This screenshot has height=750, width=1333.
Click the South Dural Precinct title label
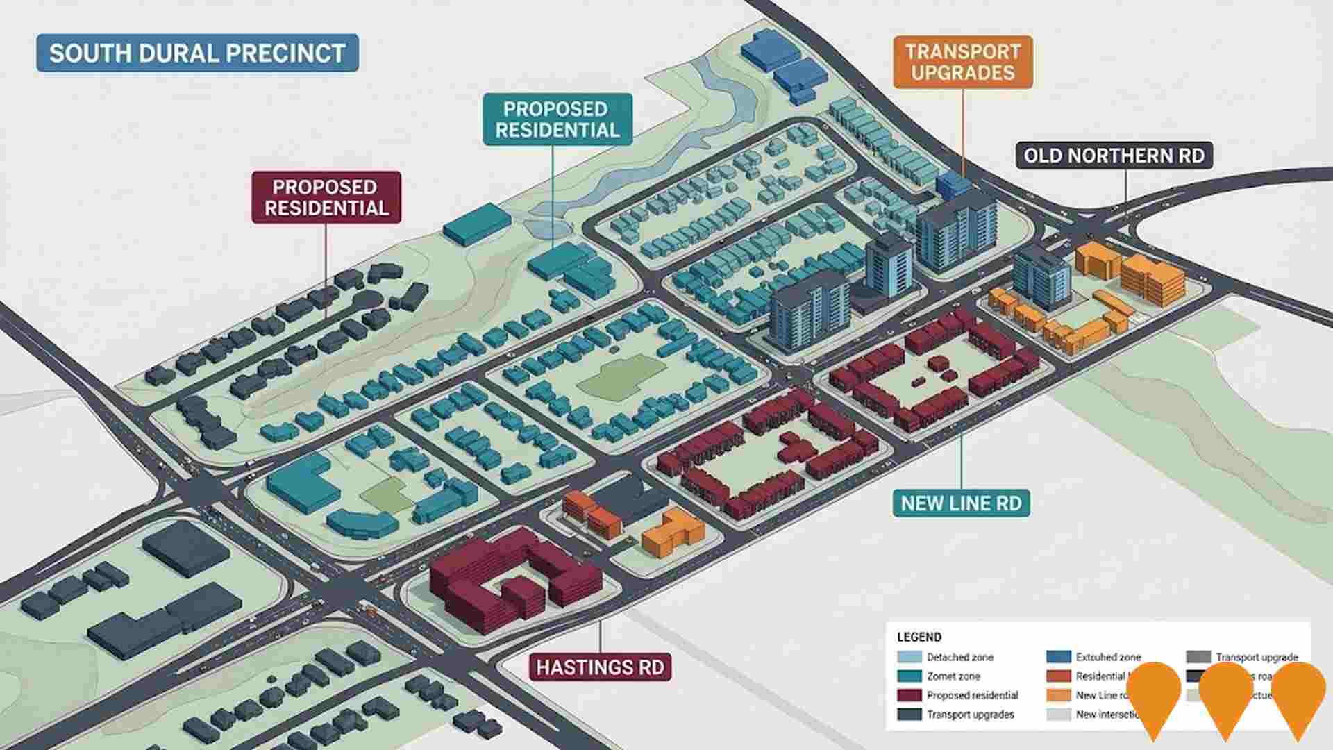pyautogui.click(x=197, y=53)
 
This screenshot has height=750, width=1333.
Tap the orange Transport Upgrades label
pyautogui.click(x=962, y=62)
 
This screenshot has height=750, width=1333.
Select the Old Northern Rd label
pyautogui.click(x=1114, y=156)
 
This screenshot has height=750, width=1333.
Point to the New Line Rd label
pyautogui.click(x=961, y=503)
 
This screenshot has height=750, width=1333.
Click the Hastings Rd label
pyautogui.click(x=600, y=667)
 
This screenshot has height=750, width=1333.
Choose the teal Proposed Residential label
pyautogui.click(x=557, y=119)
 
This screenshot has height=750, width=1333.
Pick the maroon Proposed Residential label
pyautogui.click(x=326, y=197)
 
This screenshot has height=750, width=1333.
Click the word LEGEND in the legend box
pyautogui.click(x=919, y=637)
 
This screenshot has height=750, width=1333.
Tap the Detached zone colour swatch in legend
pyautogui.click(x=909, y=657)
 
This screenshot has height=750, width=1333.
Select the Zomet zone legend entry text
pyautogui.click(x=953, y=676)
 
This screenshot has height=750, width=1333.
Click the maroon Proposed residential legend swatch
pyautogui.click(x=909, y=695)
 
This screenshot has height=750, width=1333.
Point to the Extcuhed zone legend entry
pyautogui.click(x=1108, y=657)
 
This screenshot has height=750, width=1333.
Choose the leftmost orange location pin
pyautogui.click(x=1154, y=694)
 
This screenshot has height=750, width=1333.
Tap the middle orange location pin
pyautogui.click(x=1226, y=694)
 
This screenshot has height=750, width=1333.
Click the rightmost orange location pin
pyautogui.click(x=1298, y=694)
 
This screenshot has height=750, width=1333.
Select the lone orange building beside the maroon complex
pyautogui.click(x=672, y=531)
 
